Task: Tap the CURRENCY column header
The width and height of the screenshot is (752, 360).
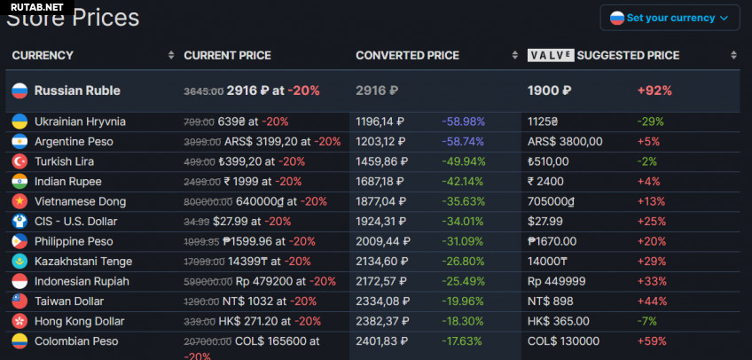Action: [x=43, y=55]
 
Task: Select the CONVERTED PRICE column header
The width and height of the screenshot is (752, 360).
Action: [x=407, y=55]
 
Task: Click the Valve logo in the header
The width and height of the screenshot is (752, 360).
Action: [x=550, y=55]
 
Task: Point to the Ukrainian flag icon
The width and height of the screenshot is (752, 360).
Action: [x=20, y=121]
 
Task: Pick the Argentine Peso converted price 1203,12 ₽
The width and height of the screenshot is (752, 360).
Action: [x=380, y=141]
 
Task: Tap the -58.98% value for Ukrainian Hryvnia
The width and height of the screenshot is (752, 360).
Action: [x=463, y=121]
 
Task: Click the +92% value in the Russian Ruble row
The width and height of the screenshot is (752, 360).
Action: [x=654, y=90]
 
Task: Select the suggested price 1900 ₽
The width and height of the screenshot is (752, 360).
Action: [x=549, y=90]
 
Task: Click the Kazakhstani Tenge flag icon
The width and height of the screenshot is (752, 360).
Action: [x=20, y=262]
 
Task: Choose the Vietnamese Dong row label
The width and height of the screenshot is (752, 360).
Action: [x=80, y=201]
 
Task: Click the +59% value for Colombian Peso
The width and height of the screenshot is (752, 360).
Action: [x=651, y=341]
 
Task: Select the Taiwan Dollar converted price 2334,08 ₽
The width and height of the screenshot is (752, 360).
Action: [x=380, y=301]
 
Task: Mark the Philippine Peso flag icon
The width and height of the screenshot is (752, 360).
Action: [x=20, y=241]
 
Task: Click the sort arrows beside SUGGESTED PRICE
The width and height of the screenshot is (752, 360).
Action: [x=733, y=55]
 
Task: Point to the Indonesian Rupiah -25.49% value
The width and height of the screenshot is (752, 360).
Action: [x=463, y=281]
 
